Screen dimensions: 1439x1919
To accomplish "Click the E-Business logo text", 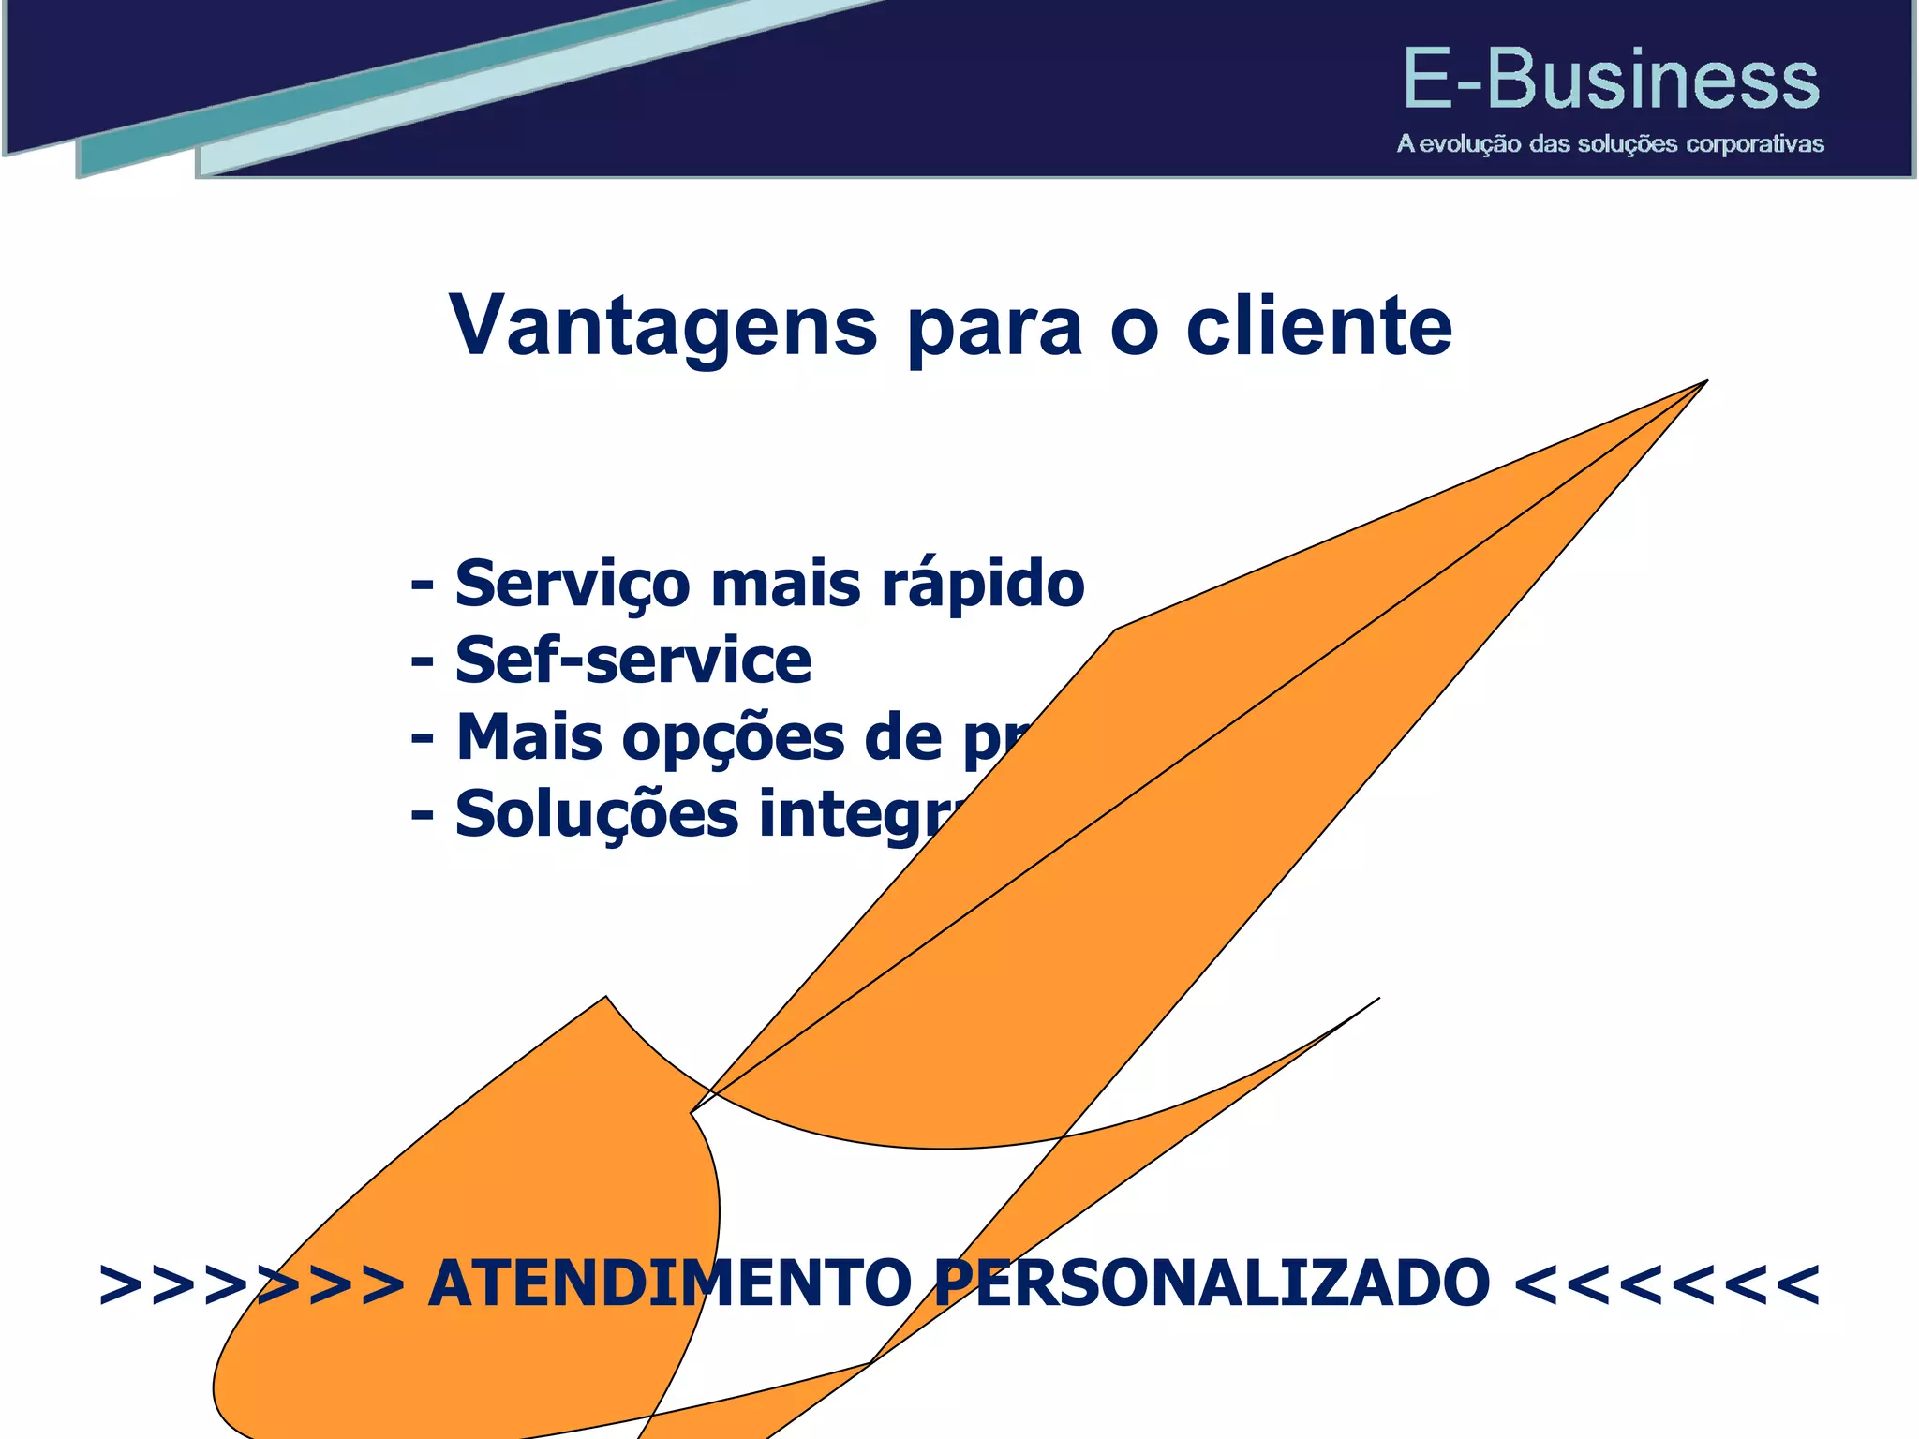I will pos(1611,80).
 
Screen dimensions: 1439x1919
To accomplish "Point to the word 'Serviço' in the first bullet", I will pos(572,585).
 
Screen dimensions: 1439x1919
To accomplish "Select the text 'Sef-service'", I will pos(632,660).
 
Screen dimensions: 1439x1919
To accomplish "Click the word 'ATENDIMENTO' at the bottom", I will pos(669,1283).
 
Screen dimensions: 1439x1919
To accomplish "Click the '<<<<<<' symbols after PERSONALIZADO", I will pos(1667,1283).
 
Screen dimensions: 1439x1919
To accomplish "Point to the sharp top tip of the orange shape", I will pos(1704,382).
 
